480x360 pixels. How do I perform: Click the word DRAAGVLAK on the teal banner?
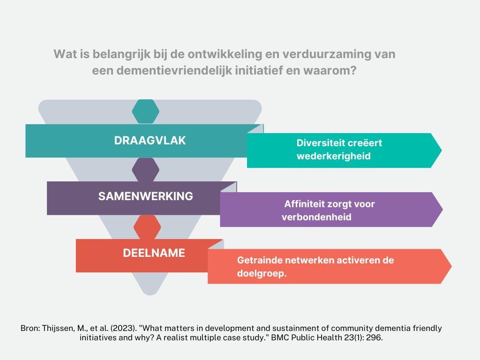150,141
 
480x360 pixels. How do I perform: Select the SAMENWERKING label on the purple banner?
146,196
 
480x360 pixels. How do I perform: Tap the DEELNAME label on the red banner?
154,253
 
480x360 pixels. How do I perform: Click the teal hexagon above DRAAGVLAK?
146,112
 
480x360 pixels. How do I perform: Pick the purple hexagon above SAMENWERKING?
146,170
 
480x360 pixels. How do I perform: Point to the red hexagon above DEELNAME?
147,227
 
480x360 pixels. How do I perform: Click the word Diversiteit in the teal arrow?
319,143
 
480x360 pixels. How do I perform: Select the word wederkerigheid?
334,156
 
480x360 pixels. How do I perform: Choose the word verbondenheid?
316,217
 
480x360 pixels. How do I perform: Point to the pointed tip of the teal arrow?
442,150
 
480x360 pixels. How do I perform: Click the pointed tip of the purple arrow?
442,210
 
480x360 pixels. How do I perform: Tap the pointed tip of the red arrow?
451,266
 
